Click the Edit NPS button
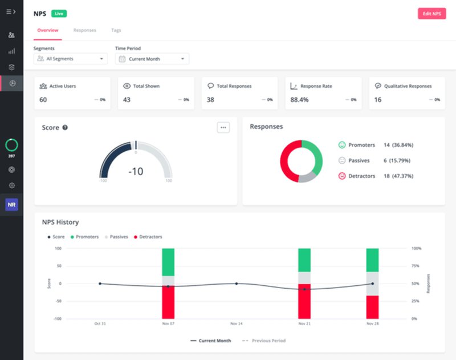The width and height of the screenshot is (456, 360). pos(431,14)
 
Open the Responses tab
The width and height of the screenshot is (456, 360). pos(84,30)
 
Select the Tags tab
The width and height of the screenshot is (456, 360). pos(116,30)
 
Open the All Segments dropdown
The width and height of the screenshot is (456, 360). pos(71,59)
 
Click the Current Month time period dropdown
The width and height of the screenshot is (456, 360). pos(152,59)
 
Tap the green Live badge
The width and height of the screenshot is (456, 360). pos(58,13)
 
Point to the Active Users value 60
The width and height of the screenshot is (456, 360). pos(43,100)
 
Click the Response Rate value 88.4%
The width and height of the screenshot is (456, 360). pos(299,100)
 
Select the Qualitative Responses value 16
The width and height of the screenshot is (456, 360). pos(377,100)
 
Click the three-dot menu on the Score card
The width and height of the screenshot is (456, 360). pos(223,127)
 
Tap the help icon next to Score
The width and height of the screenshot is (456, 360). pos(65,128)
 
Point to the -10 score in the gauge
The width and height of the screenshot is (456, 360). pos(136,171)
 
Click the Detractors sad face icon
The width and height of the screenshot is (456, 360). pos(342,176)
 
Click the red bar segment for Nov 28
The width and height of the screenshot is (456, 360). pos(372,307)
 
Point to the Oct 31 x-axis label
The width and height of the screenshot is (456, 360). pos(100,323)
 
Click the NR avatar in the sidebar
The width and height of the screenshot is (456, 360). pos(11,204)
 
